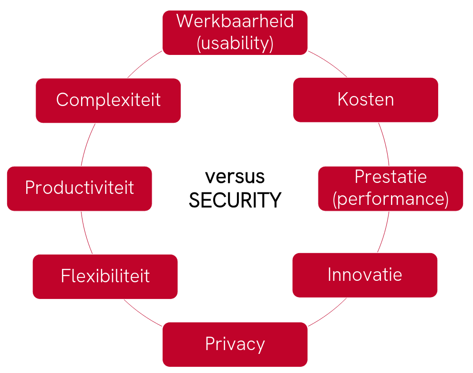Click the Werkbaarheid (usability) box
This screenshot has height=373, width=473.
click(x=235, y=32)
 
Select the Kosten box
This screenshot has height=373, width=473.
click(x=365, y=99)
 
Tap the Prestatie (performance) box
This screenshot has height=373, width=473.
click(x=390, y=188)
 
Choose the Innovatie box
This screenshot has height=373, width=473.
click(x=364, y=275)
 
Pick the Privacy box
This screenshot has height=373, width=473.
click(x=235, y=344)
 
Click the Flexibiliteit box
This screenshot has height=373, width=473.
click(x=105, y=276)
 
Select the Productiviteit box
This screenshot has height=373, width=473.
click(x=79, y=188)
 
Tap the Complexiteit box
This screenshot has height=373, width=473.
click(x=108, y=100)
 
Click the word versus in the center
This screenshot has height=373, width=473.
click(x=235, y=176)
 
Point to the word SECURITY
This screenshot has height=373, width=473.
click(x=235, y=200)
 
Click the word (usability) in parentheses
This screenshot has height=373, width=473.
click(x=235, y=43)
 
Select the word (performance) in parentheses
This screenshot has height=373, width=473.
click(x=390, y=199)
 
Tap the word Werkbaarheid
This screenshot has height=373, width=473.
click(x=235, y=21)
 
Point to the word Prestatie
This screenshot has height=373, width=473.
click(x=390, y=177)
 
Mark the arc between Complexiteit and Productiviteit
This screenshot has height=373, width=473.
click(x=87, y=144)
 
